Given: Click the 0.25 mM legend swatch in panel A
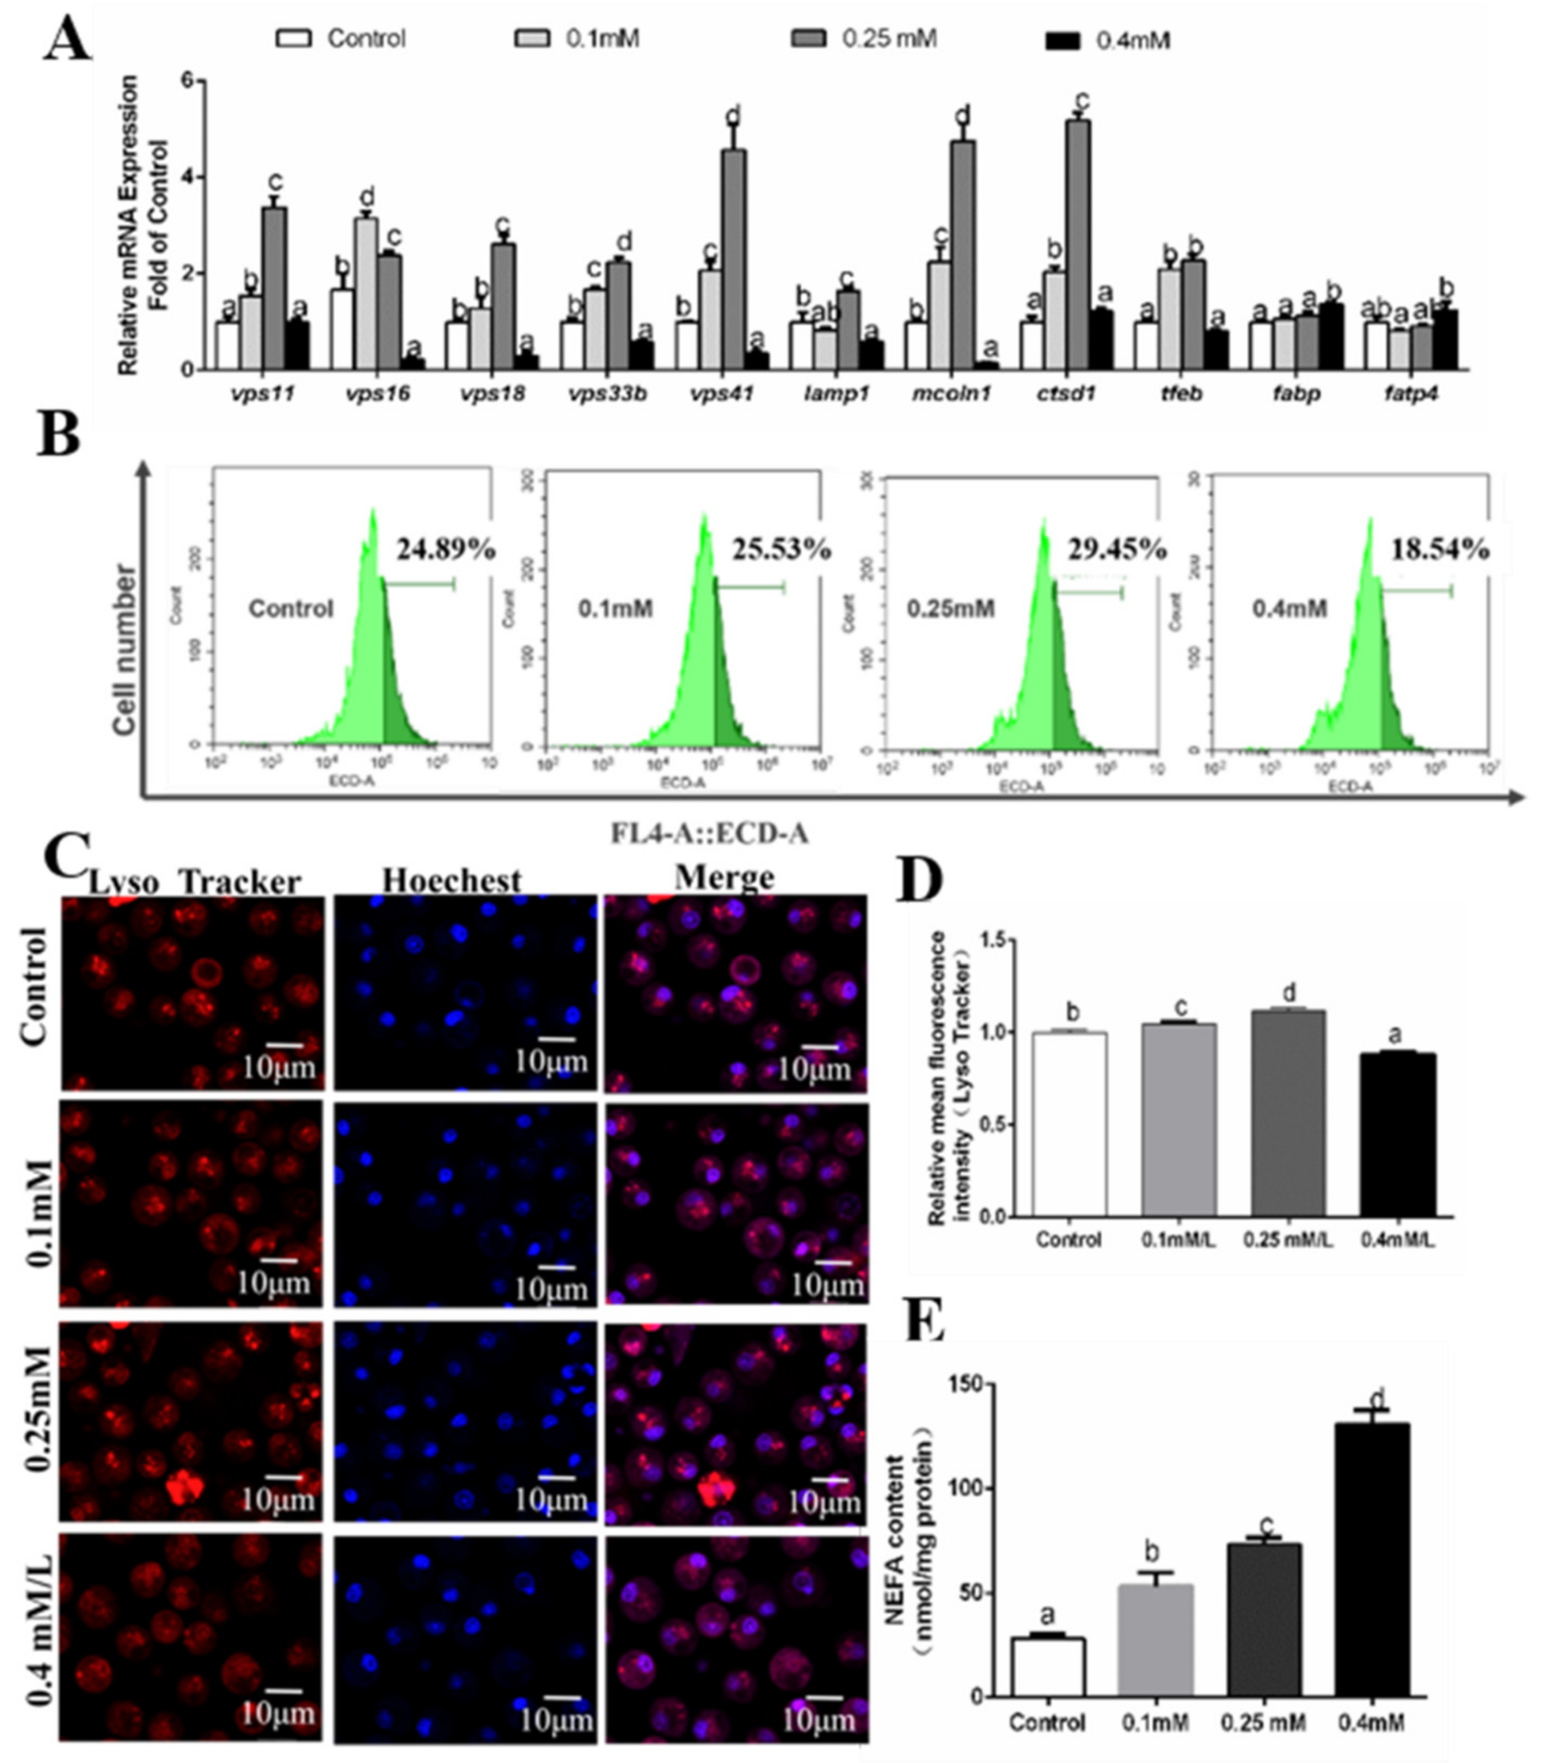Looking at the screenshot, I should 809,39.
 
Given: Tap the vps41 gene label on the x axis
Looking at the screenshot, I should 722,394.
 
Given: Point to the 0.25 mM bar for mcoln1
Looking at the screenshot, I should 963,255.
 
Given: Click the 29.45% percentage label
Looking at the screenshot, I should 1117,548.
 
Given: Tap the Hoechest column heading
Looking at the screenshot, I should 452,880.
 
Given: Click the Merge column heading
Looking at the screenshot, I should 724,877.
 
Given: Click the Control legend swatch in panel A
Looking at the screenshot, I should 293,39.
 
